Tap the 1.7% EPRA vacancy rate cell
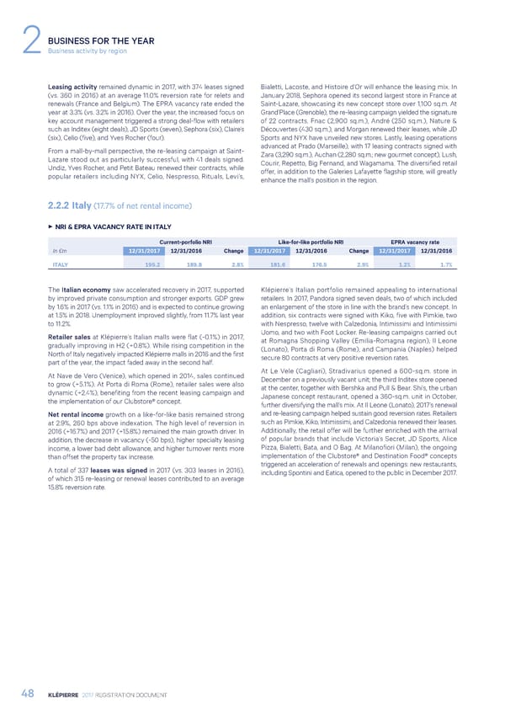[445, 242]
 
